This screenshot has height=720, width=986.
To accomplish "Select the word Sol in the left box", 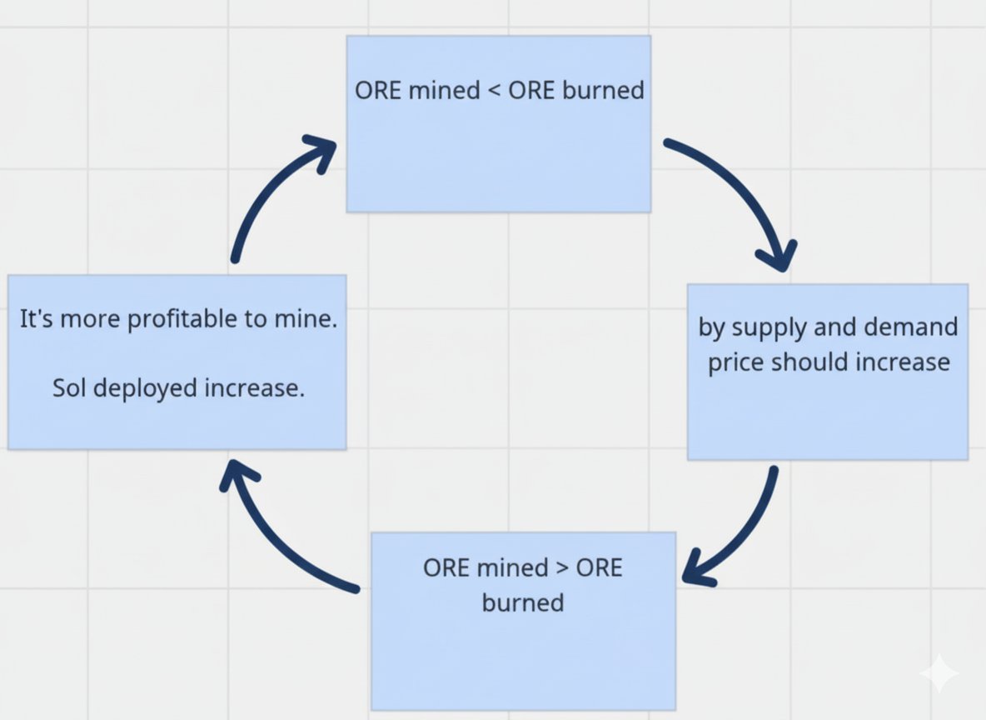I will (69, 388).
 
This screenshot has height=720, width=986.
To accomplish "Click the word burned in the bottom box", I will (522, 602).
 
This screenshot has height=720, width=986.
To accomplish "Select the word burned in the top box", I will (603, 90).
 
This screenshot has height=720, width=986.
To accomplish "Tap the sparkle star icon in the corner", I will (939, 672).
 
